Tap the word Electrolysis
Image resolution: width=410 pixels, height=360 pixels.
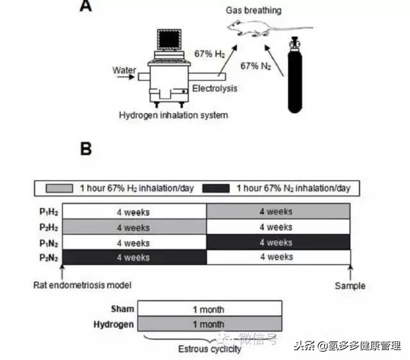click(x=216, y=89)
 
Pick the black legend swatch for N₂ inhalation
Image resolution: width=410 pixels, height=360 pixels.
click(x=217, y=188)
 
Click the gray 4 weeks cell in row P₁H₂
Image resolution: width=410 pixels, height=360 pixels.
click(x=279, y=211)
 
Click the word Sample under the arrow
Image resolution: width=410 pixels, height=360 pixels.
click(x=350, y=286)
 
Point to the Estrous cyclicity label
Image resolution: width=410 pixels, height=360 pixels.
click(x=209, y=349)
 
